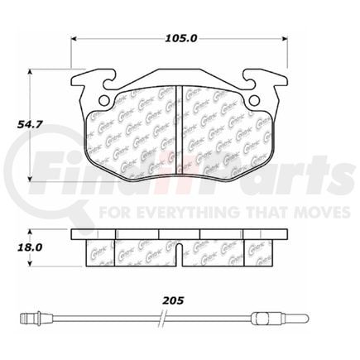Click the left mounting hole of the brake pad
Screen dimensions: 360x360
pyautogui.click(x=104, y=101)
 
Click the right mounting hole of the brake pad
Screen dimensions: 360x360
pyautogui.click(x=255, y=101)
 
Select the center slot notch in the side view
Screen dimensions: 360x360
pyautogui.click(x=180, y=249)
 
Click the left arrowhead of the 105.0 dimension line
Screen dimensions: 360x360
pyautogui.click(x=75, y=39)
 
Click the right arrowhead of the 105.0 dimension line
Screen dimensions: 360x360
pyautogui.click(x=284, y=39)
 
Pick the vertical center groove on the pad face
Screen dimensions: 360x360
pyautogui.click(x=180, y=128)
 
